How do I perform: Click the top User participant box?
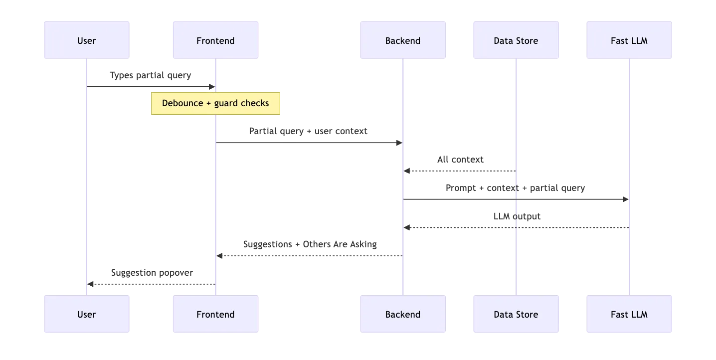pyautogui.click(x=87, y=40)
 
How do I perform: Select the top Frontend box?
pyautogui.click(x=215, y=40)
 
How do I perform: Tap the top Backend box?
pyautogui.click(x=402, y=40)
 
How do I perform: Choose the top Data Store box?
pyautogui.click(x=516, y=40)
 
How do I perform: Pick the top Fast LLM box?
pyautogui.click(x=629, y=40)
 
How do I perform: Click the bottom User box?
pyautogui.click(x=87, y=314)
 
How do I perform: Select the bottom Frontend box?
pyautogui.click(x=215, y=314)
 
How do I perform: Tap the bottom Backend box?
pyautogui.click(x=402, y=314)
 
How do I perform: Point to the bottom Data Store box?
pyautogui.click(x=516, y=314)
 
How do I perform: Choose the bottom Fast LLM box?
pyautogui.click(x=629, y=314)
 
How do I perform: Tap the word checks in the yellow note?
pyautogui.click(x=254, y=103)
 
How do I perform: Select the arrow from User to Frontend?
pyautogui.click(x=150, y=86)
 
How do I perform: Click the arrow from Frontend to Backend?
pyautogui.click(x=309, y=143)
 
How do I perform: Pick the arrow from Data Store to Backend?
pyautogui.click(x=459, y=171)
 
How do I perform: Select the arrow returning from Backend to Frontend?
pyautogui.click(x=309, y=256)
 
